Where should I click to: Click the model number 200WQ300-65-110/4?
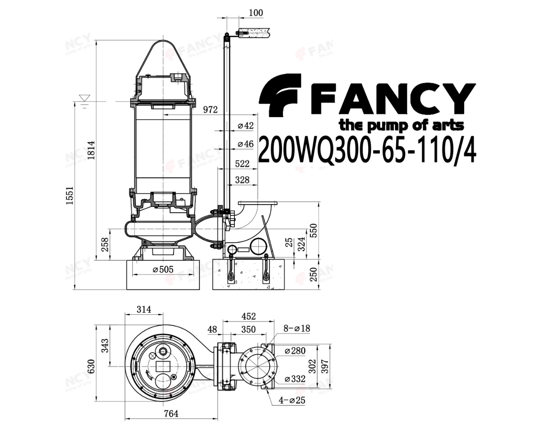[367, 150]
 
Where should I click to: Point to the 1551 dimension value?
[70, 196]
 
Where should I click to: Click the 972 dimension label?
[210, 110]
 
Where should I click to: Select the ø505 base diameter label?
[163, 269]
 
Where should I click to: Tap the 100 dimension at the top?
[256, 12]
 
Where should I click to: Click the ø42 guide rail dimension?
[245, 126]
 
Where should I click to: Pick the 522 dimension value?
[242, 164]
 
